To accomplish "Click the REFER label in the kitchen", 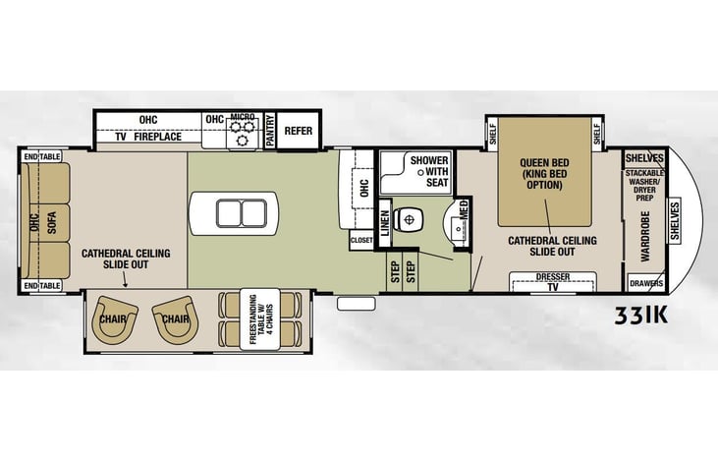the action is click(x=298, y=131).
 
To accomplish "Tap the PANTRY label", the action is click(x=270, y=131).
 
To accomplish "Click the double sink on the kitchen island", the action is click(x=242, y=213).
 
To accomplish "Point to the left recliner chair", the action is click(x=113, y=319).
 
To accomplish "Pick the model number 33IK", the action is click(x=641, y=316).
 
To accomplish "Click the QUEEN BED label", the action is click(x=544, y=163).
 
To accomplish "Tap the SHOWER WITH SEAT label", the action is click(x=430, y=171).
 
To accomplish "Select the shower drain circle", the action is click(x=420, y=173).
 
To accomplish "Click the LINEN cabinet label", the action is click(x=385, y=223).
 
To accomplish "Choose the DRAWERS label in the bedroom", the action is click(x=646, y=283).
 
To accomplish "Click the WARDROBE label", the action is click(x=645, y=237).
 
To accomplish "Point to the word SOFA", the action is click(x=52, y=223).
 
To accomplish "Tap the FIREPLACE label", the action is click(x=157, y=137).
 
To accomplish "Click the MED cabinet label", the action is click(x=464, y=210).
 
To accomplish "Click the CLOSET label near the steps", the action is click(x=361, y=240).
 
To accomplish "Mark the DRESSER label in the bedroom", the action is click(x=553, y=277).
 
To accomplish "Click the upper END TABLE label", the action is click(x=42, y=156).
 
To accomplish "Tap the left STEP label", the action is click(x=395, y=271).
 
